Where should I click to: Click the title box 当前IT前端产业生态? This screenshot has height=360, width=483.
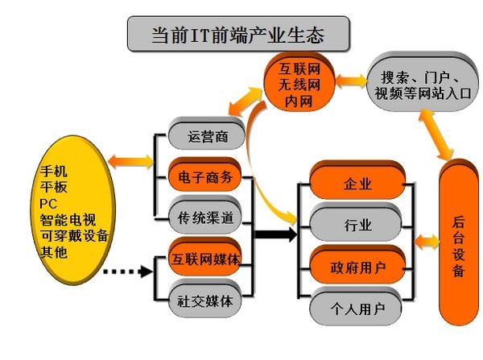coord(238,35)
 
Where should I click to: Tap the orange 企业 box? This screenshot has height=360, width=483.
coord(357,184)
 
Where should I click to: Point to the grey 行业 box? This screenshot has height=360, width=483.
coord(357,223)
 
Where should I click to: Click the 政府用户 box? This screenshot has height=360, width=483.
coord(357,266)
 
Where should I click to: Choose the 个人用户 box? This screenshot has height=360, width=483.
coord(357,307)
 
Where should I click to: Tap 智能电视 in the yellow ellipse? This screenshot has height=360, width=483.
coord(69,218)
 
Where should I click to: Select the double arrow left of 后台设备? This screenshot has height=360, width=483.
coord(423,241)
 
